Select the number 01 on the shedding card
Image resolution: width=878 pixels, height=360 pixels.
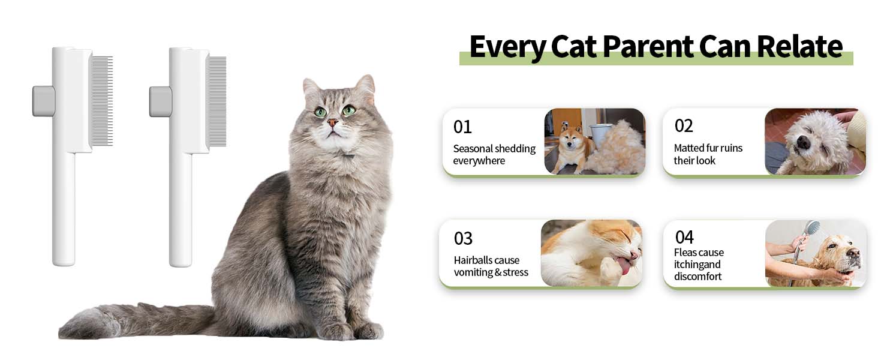pyautogui.click(x=462, y=127)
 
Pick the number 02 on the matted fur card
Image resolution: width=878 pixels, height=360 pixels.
pyautogui.click(x=684, y=125)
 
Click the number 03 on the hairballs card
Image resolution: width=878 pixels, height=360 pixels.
pyautogui.click(x=463, y=238)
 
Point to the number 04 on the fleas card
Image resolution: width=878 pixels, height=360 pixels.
pyautogui.click(x=684, y=236)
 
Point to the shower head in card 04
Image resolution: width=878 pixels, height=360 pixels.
pyautogui.click(x=812, y=228)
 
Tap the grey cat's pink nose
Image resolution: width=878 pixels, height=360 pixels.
pyautogui.click(x=332, y=123)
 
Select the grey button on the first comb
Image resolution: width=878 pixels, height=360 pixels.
pyautogui.click(x=43, y=101)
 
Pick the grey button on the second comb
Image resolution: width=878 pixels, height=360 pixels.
pyautogui.click(x=160, y=101)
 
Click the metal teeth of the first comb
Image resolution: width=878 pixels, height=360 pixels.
pyautogui.click(x=101, y=101)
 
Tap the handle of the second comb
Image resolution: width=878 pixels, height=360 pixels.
pyautogui.click(x=180, y=210)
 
